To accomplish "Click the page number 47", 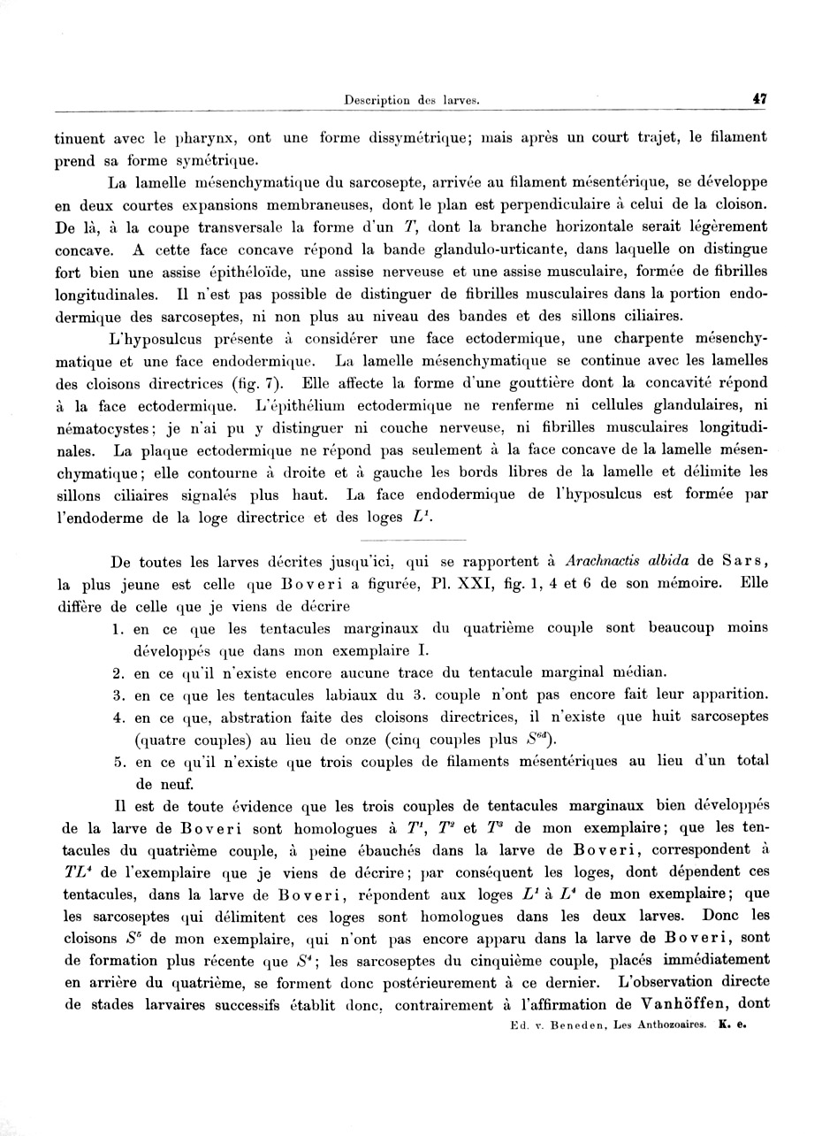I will [x=759, y=100].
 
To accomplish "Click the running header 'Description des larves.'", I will [x=412, y=101].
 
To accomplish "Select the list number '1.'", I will [x=118, y=628].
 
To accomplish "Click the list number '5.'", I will [x=118, y=761].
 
